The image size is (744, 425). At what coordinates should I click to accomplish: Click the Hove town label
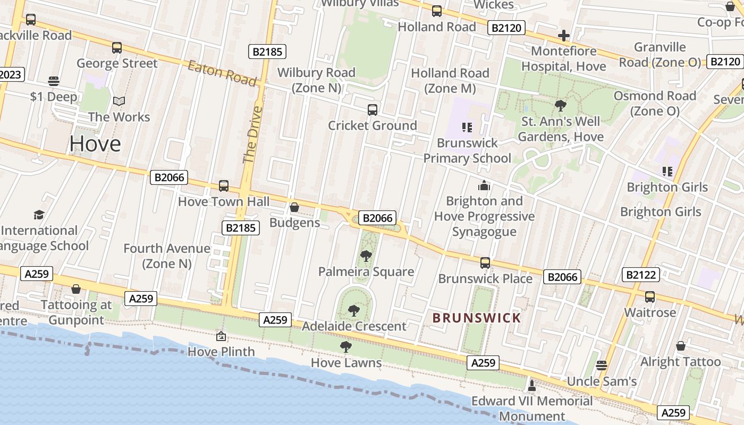[95, 144]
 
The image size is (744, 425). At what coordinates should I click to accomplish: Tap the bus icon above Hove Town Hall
[224, 186]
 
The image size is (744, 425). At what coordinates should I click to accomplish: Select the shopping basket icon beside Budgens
[294, 207]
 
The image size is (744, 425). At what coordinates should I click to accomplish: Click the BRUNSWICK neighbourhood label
[477, 318]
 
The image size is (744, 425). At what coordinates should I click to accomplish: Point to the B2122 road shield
[640, 275]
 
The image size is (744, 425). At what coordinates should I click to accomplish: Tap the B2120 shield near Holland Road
[506, 28]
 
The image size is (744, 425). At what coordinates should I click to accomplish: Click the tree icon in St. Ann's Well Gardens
[560, 105]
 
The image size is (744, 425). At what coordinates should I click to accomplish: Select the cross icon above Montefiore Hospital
[564, 36]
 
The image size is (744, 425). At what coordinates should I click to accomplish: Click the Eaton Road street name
[223, 73]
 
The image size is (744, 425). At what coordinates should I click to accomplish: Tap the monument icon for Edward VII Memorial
[531, 385]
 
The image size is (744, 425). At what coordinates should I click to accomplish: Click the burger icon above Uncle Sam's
[602, 365]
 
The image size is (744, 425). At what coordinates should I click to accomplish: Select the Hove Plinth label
[222, 352]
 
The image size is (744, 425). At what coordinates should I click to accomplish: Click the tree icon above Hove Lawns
[346, 347]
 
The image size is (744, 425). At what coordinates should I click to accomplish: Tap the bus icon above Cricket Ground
[373, 110]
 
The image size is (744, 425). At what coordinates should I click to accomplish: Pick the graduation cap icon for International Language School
[39, 215]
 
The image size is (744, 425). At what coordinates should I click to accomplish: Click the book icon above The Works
[119, 101]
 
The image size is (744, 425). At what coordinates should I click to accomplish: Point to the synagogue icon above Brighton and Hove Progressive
[484, 185]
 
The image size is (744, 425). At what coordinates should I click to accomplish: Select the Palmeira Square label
[366, 272]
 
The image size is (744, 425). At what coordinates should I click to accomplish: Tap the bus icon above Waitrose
[650, 297]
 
